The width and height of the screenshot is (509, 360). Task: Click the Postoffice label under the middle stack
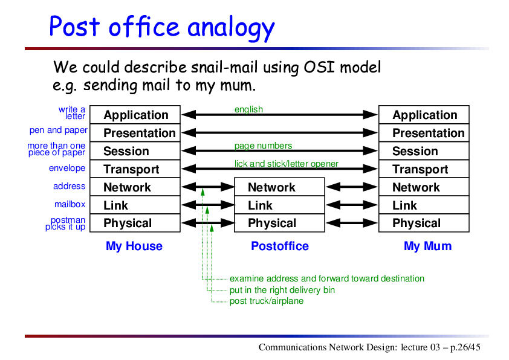point(280,246)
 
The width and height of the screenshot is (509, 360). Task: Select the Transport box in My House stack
point(135,169)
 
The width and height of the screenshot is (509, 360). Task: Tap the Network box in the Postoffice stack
point(279,187)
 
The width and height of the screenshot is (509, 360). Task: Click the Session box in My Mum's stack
point(424,151)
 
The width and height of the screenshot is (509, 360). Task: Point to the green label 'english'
point(248,109)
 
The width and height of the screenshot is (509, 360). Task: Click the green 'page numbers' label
point(263,146)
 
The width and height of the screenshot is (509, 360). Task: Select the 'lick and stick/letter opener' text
point(287,164)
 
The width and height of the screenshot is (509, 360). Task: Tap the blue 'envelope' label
point(67,168)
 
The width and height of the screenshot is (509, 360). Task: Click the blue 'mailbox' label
point(70,204)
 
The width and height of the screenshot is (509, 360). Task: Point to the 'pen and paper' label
point(59,130)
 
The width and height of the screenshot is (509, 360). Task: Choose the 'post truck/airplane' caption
point(267,301)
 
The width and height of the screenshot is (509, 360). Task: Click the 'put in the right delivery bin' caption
point(282,290)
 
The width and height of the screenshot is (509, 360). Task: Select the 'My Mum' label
point(427,246)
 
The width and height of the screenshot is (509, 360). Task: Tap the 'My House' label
point(134,246)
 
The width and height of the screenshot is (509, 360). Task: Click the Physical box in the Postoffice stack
point(279,223)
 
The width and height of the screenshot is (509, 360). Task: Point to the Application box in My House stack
point(135,115)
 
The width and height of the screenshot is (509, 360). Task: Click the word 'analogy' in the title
point(231,28)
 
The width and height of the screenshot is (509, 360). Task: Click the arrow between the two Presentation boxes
point(279,133)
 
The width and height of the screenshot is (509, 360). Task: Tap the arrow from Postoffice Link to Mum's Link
point(352,205)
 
